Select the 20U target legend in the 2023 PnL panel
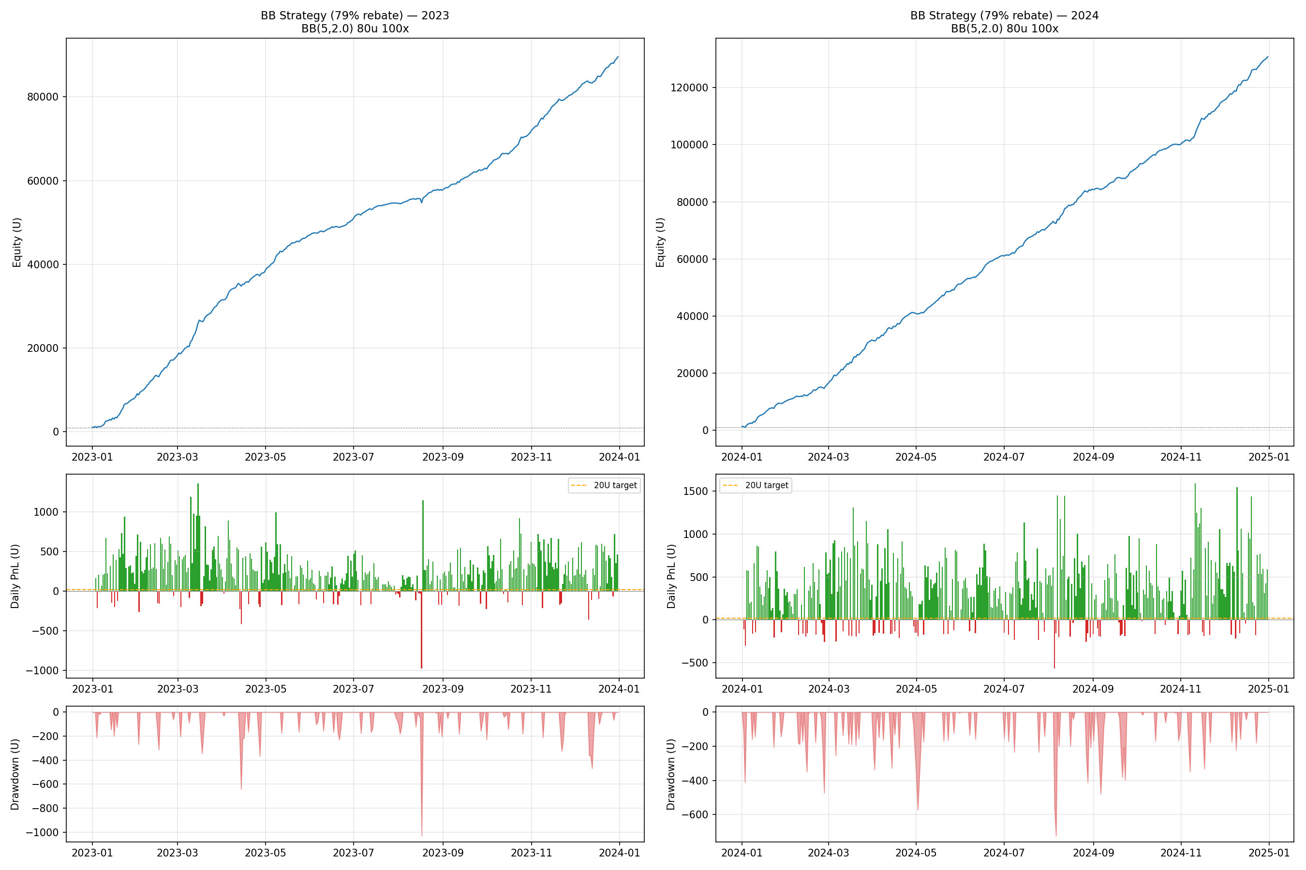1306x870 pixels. pyautogui.click(x=604, y=485)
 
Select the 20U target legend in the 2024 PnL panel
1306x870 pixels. pyautogui.click(x=755, y=485)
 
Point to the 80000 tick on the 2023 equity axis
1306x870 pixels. pyautogui.click(x=43, y=97)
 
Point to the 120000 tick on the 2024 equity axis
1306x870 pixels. pyautogui.click(x=689, y=87)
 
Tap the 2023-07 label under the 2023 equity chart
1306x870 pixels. pyautogui.click(x=353, y=457)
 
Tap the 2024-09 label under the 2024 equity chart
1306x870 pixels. pyautogui.click(x=1093, y=457)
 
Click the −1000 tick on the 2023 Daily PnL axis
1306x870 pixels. pyautogui.click(x=42, y=671)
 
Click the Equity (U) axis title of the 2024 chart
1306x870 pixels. pyautogui.click(x=660, y=243)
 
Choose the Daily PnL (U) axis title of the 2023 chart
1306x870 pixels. pyautogui.click(x=15, y=576)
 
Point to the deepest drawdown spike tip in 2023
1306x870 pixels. pyautogui.click(x=421, y=835)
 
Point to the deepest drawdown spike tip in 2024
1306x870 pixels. pyautogui.click(x=1056, y=835)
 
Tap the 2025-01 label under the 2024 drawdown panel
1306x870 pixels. pyautogui.click(x=1269, y=853)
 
